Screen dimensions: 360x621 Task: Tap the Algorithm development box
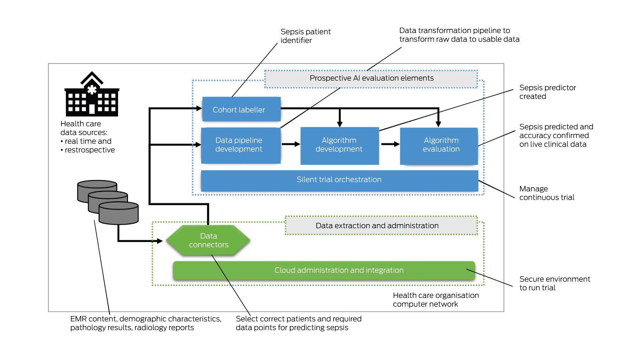coord(339,145)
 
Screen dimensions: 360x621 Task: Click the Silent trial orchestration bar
coord(339,180)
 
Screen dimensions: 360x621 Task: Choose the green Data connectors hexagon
coord(208,240)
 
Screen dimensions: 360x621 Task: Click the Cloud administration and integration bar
coord(324,270)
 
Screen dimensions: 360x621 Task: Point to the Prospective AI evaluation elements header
coord(371,79)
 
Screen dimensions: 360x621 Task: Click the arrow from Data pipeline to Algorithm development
coord(291,144)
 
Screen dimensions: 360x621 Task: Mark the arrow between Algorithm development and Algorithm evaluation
coord(390,144)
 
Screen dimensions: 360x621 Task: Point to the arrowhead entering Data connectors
coord(160,241)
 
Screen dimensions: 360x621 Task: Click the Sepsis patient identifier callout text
coord(305,36)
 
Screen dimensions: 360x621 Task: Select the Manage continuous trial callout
coord(546,193)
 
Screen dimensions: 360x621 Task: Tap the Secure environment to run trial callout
coord(554,283)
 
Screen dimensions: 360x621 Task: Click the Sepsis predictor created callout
coord(548,92)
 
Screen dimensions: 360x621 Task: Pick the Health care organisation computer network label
coord(435,300)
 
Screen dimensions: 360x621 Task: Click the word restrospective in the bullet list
coord(90,150)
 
